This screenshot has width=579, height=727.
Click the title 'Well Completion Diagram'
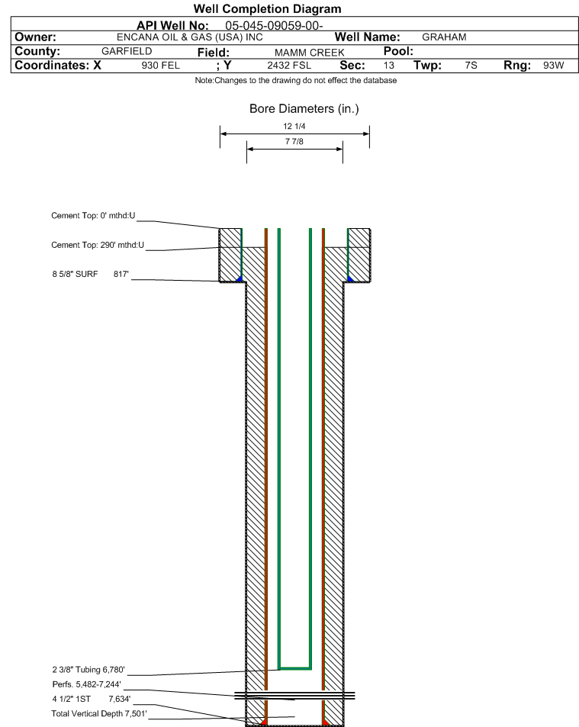[267, 9]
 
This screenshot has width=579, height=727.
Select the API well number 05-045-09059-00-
[274, 25]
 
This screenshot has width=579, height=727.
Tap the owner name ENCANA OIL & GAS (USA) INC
[190, 37]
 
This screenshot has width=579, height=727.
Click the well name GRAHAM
[444, 37]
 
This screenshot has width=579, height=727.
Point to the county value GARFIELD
[127, 51]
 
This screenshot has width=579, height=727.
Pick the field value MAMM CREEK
[309, 53]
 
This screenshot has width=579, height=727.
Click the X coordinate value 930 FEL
[160, 66]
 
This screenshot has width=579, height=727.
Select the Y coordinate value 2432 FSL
[289, 66]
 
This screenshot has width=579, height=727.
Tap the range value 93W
[554, 66]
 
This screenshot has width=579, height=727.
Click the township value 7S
[471, 66]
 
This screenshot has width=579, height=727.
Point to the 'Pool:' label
[398, 51]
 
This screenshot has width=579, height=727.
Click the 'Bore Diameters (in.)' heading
[304, 108]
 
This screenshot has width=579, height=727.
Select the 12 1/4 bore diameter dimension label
[294, 126]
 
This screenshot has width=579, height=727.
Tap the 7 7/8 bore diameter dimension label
[294, 141]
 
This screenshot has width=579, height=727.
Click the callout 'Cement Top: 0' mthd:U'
[93, 216]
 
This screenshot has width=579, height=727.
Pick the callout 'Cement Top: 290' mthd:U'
[98, 245]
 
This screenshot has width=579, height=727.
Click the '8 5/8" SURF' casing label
[75, 274]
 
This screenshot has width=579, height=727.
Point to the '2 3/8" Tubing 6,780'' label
[88, 670]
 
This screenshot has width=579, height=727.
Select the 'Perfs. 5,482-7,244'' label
[87, 684]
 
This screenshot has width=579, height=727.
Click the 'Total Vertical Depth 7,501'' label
[99, 713]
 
